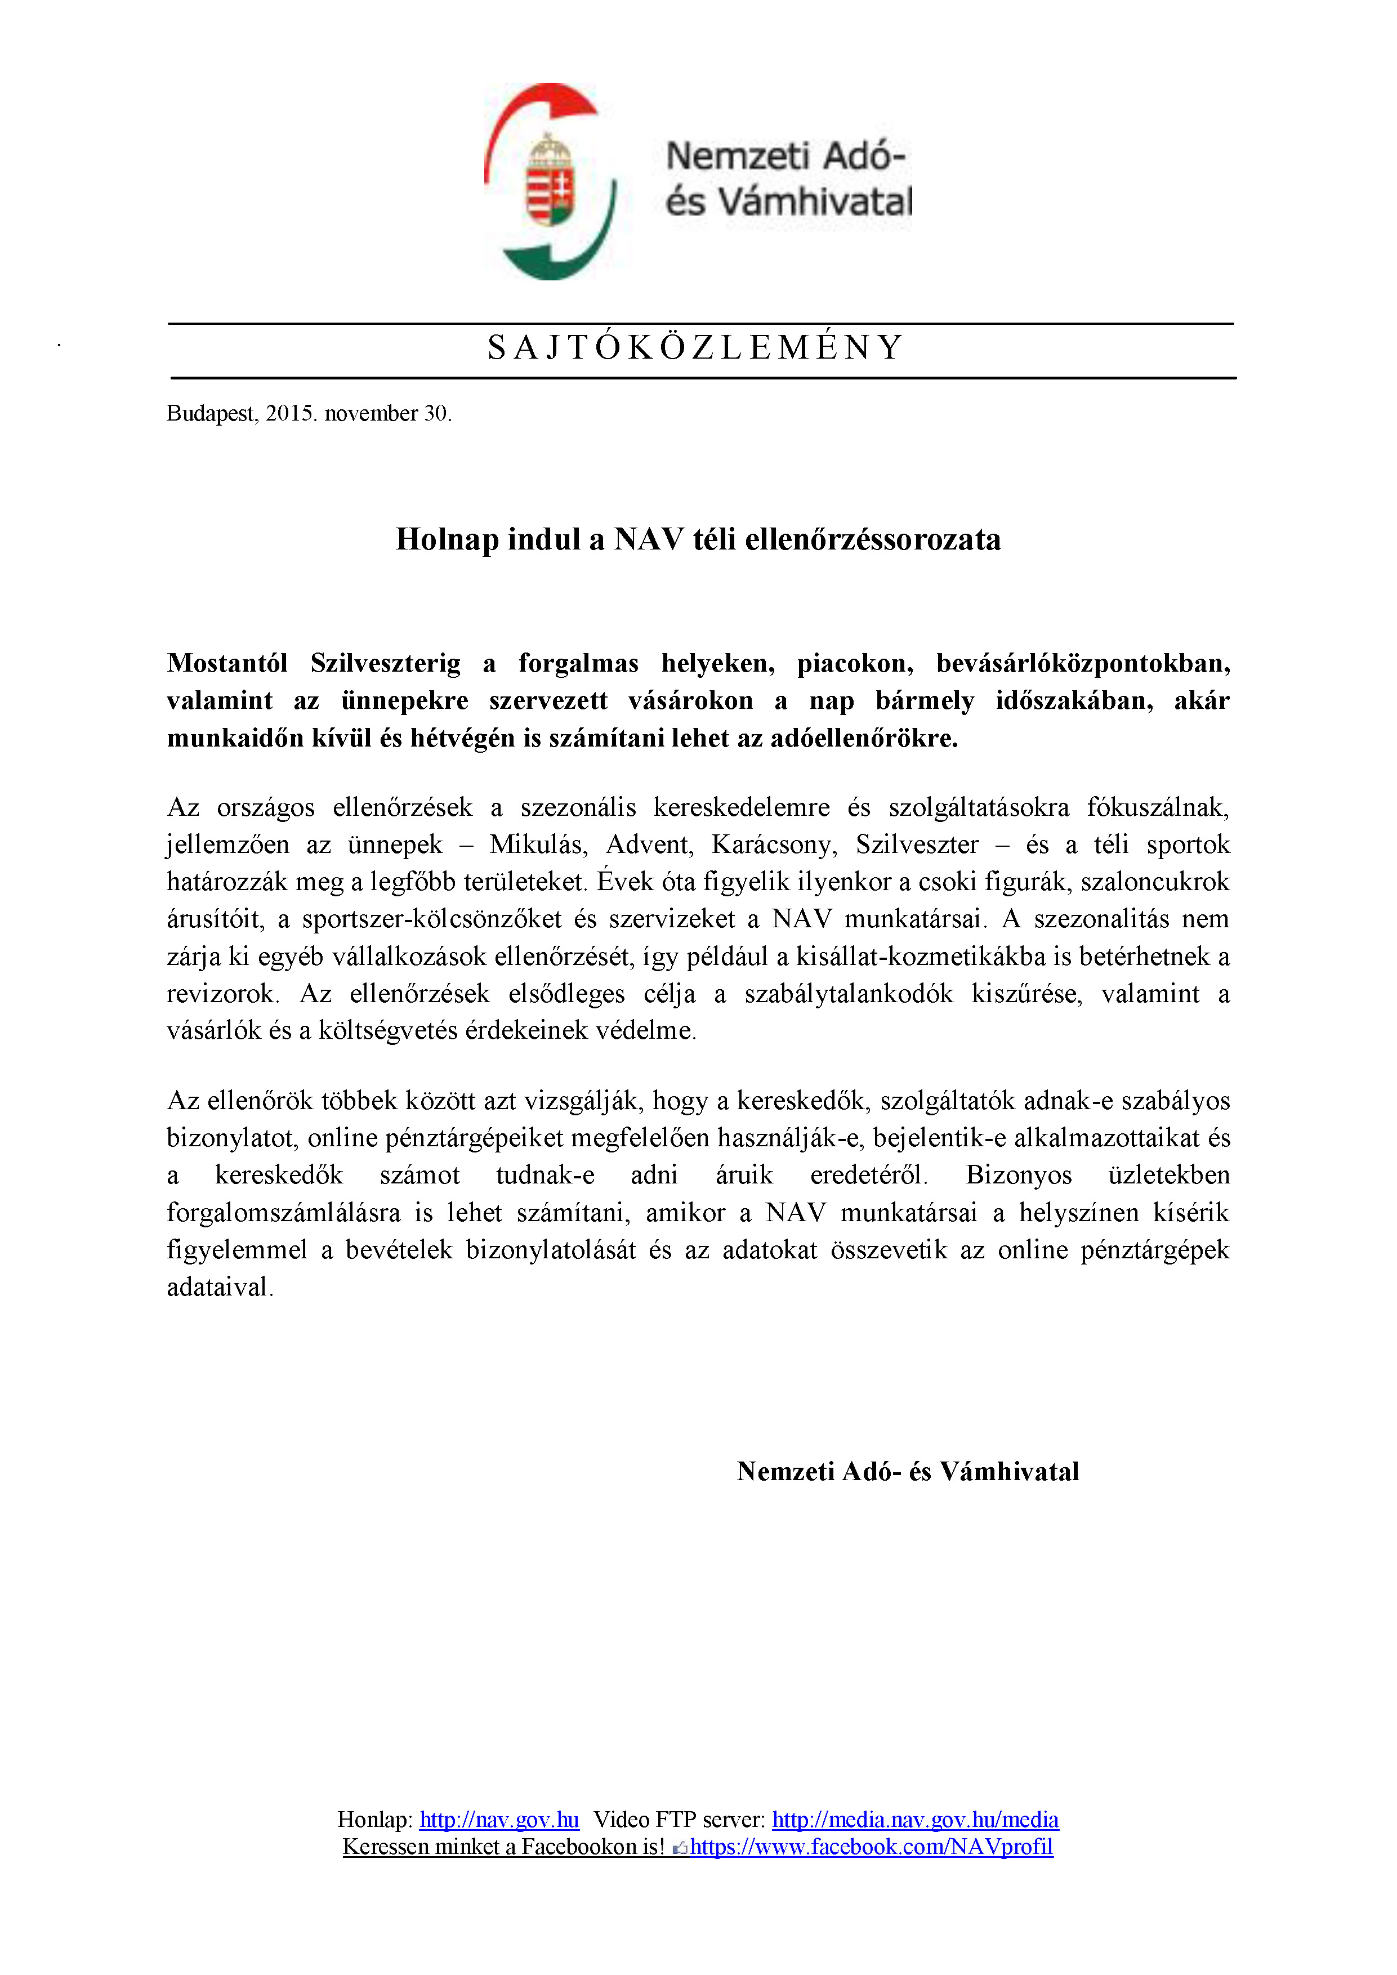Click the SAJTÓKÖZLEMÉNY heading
pos(695,347)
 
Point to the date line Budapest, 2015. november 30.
pos(309,414)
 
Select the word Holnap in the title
pos(447,539)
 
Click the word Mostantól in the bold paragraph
pos(227,663)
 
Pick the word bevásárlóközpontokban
pos(1083,663)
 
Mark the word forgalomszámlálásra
pos(283,1213)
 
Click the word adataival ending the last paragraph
pos(220,1287)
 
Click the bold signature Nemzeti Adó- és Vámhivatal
pos(908,1472)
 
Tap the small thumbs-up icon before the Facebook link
pos(680,1848)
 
